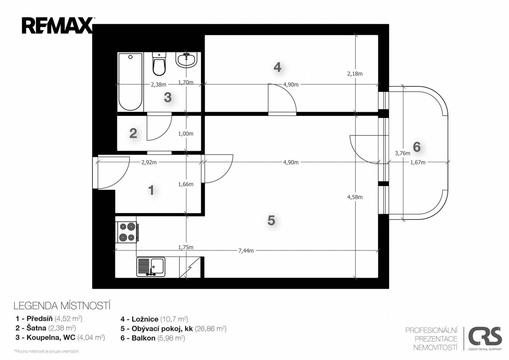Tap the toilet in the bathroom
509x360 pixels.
coord(159,64)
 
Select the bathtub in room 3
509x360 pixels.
coord(130,82)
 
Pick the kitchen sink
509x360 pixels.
coord(151,267)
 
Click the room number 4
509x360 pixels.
coord(277,67)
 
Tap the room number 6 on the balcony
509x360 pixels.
coord(416,147)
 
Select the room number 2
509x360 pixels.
coord(133,133)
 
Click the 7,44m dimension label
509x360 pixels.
coord(246,251)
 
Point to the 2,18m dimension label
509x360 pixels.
coord(355,74)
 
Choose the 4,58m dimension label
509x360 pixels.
coord(355,197)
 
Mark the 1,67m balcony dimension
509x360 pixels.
coord(418,162)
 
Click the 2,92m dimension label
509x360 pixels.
coord(149,162)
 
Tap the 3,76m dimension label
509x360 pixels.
coord(402,153)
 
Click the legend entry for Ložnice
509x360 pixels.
coord(154,319)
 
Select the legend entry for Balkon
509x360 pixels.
coord(153,338)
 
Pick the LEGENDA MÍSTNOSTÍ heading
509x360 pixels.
coord(62,306)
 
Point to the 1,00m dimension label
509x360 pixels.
coord(186,134)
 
